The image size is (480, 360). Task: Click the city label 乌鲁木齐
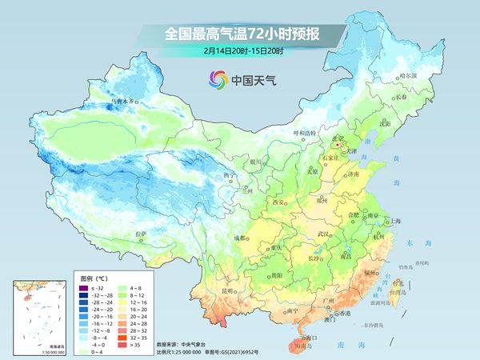(x=124, y=102)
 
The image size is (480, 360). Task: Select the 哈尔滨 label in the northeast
(x=408, y=74)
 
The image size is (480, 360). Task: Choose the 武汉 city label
(x=324, y=234)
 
